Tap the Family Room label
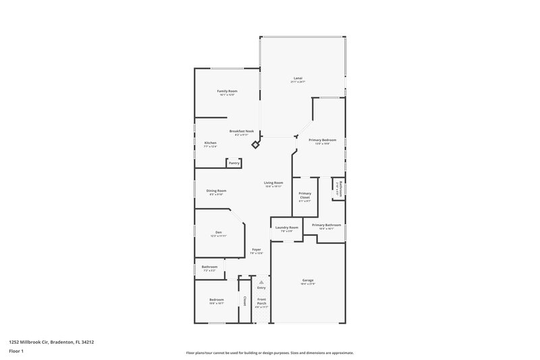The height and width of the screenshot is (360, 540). click(227, 91)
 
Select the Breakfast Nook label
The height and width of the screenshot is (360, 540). click(241, 131)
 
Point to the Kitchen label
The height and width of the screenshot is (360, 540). click(211, 143)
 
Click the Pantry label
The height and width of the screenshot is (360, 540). click(234, 163)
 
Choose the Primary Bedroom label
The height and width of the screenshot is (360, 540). click(323, 140)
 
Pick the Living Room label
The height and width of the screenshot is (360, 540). click(273, 183)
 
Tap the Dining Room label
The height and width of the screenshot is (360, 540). click(216, 191)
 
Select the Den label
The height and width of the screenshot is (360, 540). click(219, 232)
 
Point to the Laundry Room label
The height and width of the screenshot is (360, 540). click(286, 228)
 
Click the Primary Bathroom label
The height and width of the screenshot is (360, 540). click(326, 225)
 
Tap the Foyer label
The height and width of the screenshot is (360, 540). click(256, 250)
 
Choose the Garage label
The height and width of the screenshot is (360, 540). click(308, 280)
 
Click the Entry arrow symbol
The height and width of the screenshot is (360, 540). click(261, 282)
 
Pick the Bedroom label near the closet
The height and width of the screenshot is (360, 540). click(216, 299)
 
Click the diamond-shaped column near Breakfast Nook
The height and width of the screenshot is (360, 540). click(255, 145)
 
